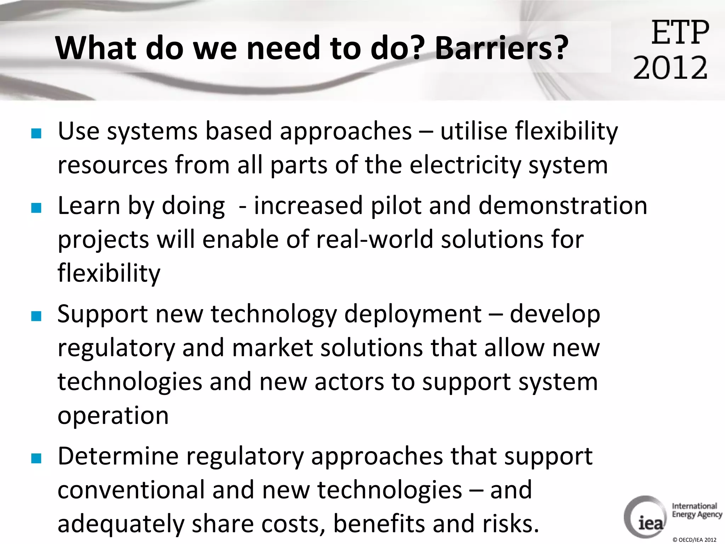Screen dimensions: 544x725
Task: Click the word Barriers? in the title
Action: (x=501, y=48)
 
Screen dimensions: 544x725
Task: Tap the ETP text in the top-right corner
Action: (x=680, y=33)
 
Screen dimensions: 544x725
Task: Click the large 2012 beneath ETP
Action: (x=670, y=67)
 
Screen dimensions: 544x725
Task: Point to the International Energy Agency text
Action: (x=696, y=510)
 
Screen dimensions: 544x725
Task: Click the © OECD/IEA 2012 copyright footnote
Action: (x=694, y=540)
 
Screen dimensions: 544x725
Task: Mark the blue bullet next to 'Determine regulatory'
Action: (x=36, y=458)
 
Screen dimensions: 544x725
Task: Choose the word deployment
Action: (x=413, y=314)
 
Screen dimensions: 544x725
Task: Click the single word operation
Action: (x=113, y=416)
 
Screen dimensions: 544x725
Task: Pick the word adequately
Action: (x=121, y=524)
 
